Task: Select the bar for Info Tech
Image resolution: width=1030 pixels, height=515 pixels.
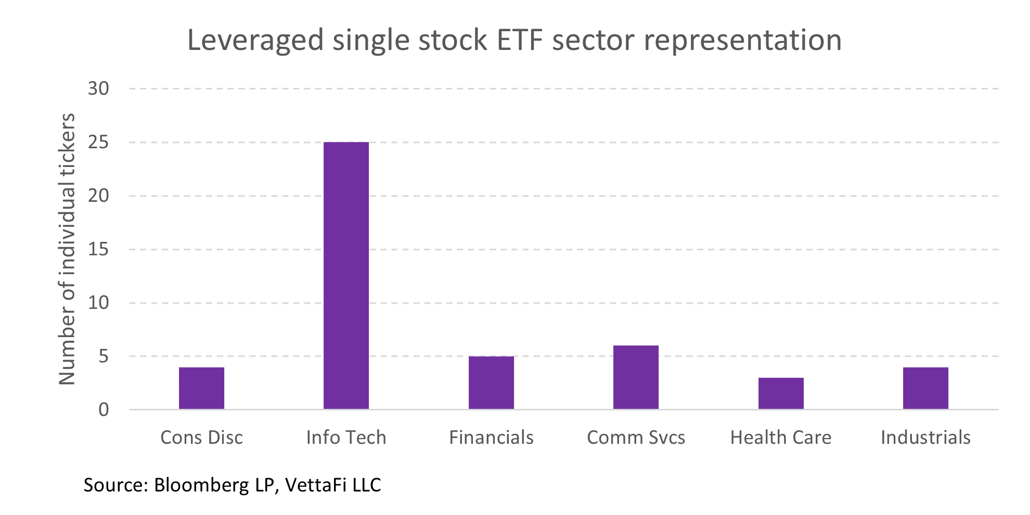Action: click(346, 276)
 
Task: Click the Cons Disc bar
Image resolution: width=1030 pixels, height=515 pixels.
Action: click(201, 388)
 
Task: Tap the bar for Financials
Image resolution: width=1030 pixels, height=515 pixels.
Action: click(491, 383)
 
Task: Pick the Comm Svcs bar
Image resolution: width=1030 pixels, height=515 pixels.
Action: click(636, 377)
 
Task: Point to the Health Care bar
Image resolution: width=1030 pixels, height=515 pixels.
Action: click(781, 393)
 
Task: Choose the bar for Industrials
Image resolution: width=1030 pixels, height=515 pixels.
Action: click(925, 388)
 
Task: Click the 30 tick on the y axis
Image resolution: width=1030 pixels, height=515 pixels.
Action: click(98, 89)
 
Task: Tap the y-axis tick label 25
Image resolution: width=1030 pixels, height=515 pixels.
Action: click(98, 143)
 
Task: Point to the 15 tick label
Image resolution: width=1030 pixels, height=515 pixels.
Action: click(98, 250)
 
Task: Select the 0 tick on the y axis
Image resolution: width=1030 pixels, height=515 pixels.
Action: click(104, 410)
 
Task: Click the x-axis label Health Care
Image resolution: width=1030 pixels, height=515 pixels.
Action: click(781, 437)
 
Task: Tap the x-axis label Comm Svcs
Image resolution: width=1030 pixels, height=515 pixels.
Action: click(636, 437)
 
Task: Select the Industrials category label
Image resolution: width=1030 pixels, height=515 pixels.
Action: click(925, 437)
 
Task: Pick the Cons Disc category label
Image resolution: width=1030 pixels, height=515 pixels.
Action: click(201, 437)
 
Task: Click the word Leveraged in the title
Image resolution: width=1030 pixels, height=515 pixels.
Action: click(255, 41)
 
